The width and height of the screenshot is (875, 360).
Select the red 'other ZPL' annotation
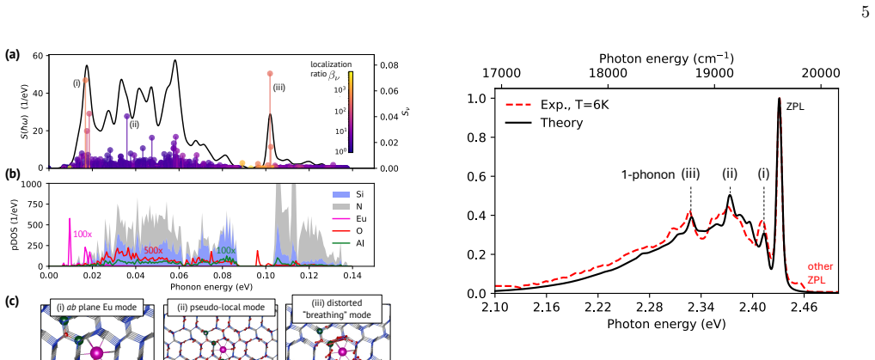click(x=819, y=273)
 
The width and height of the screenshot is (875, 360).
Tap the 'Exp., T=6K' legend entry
click(x=556, y=104)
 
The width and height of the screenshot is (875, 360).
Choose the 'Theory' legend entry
click(x=543, y=123)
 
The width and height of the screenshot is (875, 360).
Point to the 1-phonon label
click(x=648, y=174)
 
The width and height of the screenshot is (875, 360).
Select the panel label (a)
click(x=12, y=55)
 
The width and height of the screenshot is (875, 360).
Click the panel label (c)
click(x=12, y=302)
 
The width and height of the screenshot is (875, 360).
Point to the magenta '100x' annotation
click(x=82, y=235)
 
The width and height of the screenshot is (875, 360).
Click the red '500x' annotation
click(x=153, y=251)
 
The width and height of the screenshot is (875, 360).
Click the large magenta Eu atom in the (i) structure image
click(x=96, y=353)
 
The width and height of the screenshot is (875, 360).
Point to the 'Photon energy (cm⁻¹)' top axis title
click(x=666, y=58)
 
